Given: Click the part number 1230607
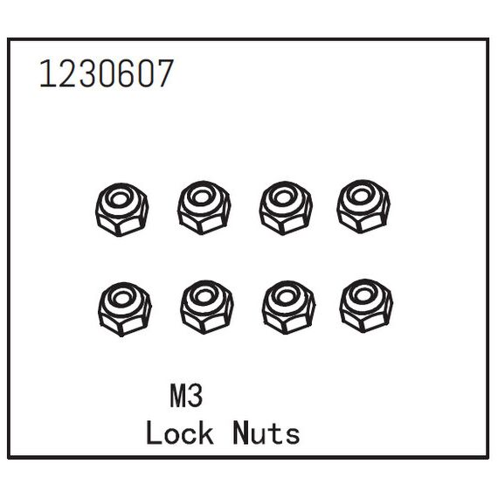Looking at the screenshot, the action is click(x=107, y=73).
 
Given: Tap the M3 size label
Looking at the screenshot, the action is click(x=186, y=396).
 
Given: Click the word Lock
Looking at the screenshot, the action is click(x=180, y=432).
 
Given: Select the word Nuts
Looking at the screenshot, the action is click(x=266, y=432).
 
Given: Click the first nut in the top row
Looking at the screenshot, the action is click(x=122, y=210).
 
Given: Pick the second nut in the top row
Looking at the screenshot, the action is click(x=204, y=208).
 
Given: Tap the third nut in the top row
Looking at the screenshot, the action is click(x=286, y=208).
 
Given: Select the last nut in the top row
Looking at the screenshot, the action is click(x=363, y=207).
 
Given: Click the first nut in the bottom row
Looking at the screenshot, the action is click(x=125, y=309).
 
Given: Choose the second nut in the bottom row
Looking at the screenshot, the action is click(x=207, y=308).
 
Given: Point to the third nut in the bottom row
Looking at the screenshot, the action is click(x=288, y=308).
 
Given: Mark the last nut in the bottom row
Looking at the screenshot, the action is click(x=366, y=306).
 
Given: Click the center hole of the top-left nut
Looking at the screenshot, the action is click(x=119, y=199).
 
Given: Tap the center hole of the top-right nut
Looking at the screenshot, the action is click(x=361, y=197).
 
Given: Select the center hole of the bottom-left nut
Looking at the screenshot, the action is click(x=121, y=299).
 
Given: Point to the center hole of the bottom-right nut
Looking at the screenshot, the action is click(x=363, y=295).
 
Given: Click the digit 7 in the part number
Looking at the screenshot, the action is click(x=165, y=73).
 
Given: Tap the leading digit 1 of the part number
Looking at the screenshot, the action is click(x=47, y=73).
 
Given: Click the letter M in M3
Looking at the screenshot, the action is click(x=178, y=396).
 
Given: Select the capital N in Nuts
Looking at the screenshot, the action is click(x=240, y=432).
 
